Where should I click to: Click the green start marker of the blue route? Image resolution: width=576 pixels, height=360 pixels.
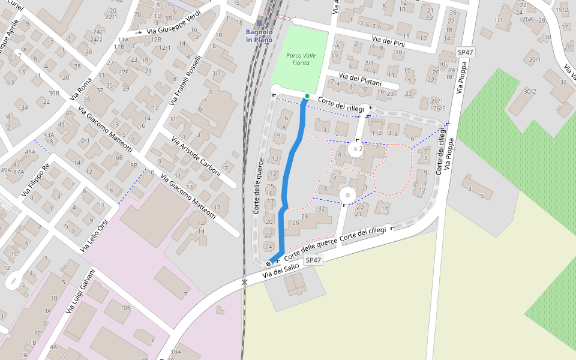pyautogui.click(x=307, y=96)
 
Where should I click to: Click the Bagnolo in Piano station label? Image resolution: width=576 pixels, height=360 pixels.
pyautogui.click(x=259, y=36)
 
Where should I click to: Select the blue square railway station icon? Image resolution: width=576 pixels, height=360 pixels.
pyautogui.click(x=259, y=23)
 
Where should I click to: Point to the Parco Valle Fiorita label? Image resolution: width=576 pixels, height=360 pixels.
pyautogui.click(x=300, y=59)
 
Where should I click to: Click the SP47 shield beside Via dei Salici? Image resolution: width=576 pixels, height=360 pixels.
pyautogui.click(x=313, y=260)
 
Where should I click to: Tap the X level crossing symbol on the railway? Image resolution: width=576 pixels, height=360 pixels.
pyautogui.click(x=244, y=281)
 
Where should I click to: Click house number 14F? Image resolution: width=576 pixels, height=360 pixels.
pyautogui.click(x=202, y=224)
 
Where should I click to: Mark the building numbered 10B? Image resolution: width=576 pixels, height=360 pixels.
pyautogui.click(x=125, y=308)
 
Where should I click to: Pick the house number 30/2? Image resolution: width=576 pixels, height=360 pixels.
pyautogui.click(x=530, y=91)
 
